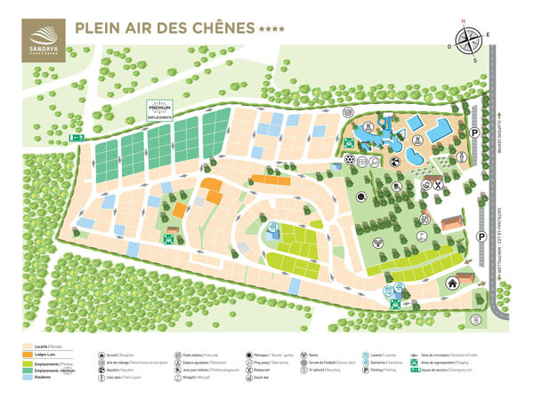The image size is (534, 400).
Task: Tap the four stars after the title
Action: [272, 29]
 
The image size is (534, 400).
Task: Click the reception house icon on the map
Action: [453, 283]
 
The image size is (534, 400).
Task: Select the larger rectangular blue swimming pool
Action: [438, 130]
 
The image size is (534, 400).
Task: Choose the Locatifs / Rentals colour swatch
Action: [34, 346]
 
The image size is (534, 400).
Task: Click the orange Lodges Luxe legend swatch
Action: [34, 355]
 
